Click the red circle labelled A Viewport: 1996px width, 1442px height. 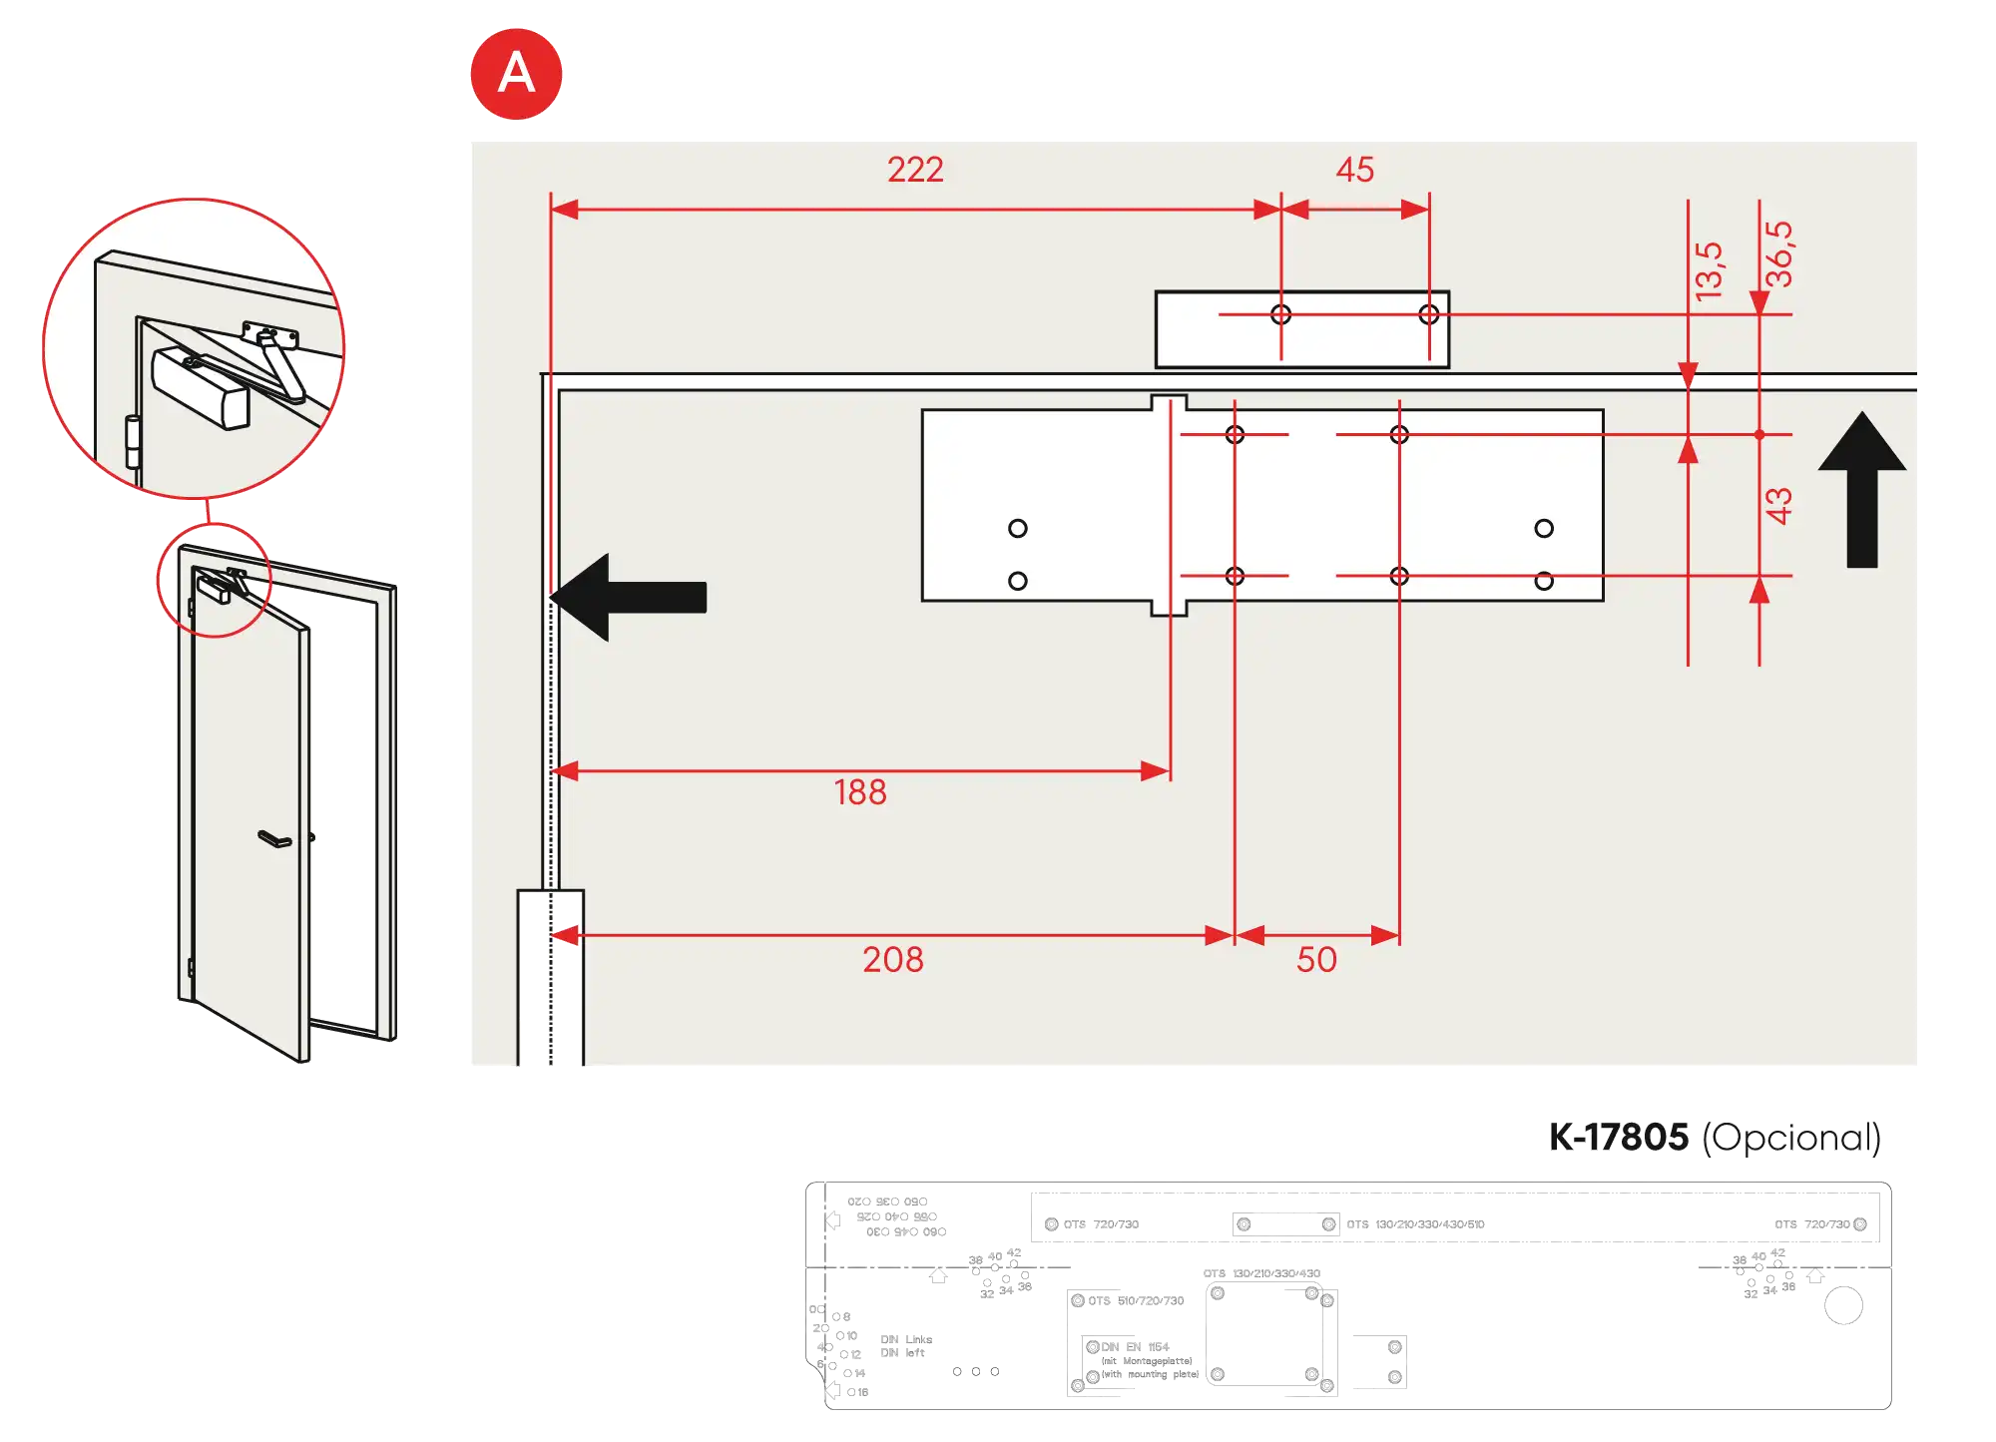(517, 74)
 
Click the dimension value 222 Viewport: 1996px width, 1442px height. (915, 170)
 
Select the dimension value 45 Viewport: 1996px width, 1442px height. (1354, 170)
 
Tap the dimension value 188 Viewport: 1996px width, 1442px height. (859, 792)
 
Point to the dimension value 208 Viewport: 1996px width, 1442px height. (892, 960)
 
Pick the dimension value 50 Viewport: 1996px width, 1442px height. (1315, 960)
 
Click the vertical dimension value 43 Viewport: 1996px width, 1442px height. (1778, 505)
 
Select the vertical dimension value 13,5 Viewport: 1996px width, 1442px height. (1709, 269)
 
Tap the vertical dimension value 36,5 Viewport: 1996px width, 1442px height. (1778, 254)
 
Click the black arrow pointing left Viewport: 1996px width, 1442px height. (629, 597)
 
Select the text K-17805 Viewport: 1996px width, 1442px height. (1618, 1137)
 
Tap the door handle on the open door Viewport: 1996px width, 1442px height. (274, 839)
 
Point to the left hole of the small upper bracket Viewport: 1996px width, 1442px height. (1280, 315)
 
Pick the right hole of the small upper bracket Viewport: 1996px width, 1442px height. (1429, 315)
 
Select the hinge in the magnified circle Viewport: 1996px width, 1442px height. (133, 441)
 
